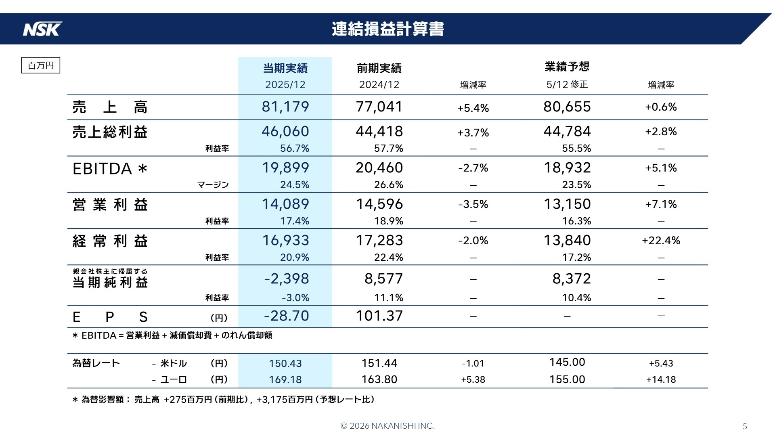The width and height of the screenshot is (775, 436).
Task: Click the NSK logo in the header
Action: click(x=42, y=29)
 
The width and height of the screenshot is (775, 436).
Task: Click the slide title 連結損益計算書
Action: click(x=387, y=29)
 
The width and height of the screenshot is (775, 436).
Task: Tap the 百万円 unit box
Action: click(x=40, y=65)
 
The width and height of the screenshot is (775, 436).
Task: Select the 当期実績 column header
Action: click(x=285, y=68)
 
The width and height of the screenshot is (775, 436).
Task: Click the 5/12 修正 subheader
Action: click(x=567, y=85)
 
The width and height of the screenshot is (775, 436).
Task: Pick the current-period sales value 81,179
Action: click(x=285, y=107)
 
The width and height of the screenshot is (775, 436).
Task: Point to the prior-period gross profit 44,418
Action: click(x=379, y=132)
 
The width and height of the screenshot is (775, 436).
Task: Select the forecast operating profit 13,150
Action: click(x=567, y=204)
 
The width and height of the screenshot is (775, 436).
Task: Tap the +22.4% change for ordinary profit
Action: click(x=661, y=241)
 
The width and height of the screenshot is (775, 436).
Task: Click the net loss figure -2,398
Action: click(x=286, y=279)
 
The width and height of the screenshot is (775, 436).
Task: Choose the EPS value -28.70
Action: click(x=286, y=316)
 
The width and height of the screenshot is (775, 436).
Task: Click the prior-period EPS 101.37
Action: click(x=379, y=316)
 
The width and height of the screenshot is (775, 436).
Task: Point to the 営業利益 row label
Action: click(x=110, y=205)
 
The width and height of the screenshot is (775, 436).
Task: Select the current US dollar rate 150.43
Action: click(x=285, y=363)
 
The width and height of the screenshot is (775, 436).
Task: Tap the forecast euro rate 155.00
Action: click(x=567, y=379)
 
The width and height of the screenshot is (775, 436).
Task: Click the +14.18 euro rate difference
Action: click(x=661, y=379)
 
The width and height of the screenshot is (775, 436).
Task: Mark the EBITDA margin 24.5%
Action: click(x=294, y=185)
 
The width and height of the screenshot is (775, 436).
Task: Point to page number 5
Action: click(x=745, y=426)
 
